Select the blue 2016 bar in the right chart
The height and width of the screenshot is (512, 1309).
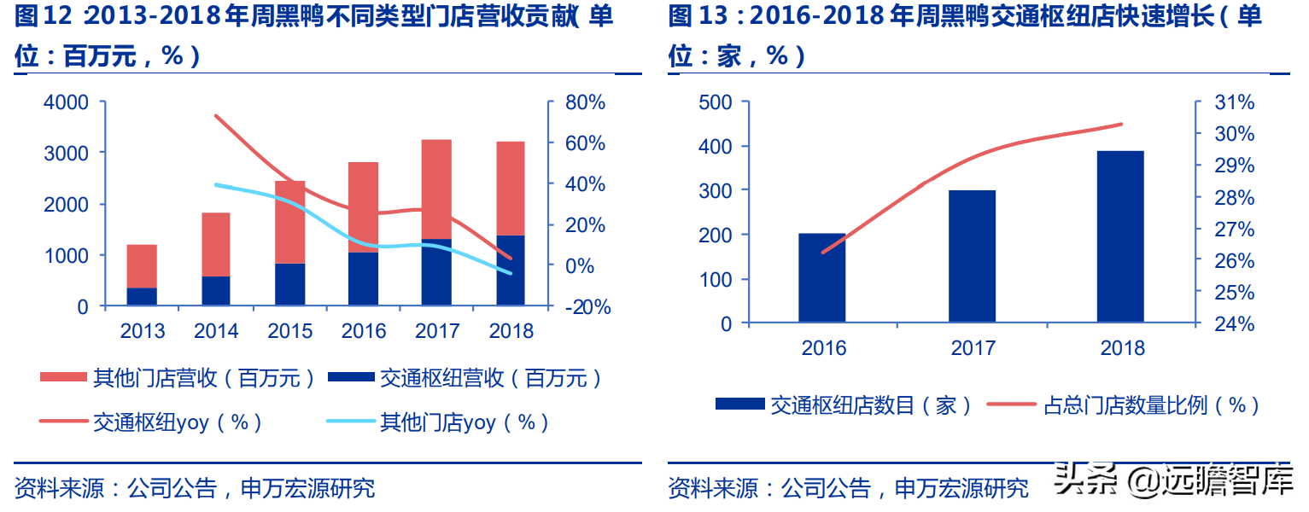[x=821, y=277]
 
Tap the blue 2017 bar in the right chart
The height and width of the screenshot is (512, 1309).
[x=972, y=256]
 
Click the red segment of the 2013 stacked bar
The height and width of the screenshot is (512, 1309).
[x=142, y=266]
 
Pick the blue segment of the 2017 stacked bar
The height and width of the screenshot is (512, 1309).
[x=436, y=272]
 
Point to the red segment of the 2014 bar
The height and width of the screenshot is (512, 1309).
[x=215, y=244]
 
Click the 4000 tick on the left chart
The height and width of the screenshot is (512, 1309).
[x=65, y=102]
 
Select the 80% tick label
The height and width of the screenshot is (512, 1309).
[x=585, y=102]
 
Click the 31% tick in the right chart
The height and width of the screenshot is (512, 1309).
[x=1235, y=102]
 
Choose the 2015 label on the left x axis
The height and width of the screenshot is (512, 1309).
[x=290, y=331]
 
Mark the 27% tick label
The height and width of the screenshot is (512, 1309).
[x=1235, y=229]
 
